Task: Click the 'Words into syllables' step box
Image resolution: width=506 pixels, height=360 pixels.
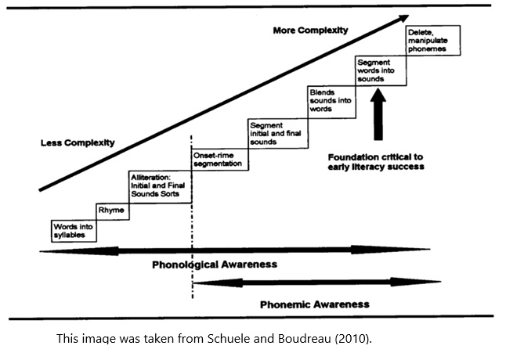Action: (74, 229)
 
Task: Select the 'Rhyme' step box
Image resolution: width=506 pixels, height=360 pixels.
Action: (114, 211)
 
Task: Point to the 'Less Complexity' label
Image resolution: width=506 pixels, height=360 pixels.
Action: (78, 142)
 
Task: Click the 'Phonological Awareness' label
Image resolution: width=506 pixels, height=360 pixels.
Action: (214, 265)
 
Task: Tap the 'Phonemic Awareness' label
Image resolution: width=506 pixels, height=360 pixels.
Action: (314, 303)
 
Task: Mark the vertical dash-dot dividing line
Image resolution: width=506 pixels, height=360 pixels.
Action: (192, 235)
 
